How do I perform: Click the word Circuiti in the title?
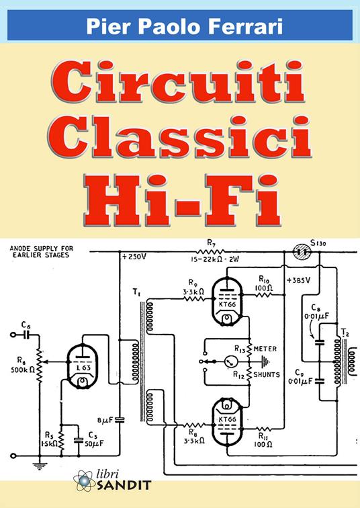coord(180,84)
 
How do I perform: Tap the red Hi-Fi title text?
coord(180,194)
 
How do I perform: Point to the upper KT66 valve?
coord(227,298)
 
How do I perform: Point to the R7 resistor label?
coord(211,243)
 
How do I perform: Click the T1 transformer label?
coord(136,292)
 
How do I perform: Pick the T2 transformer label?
coord(345,333)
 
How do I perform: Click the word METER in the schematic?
coord(266,348)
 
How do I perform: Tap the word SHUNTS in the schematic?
coord(267,376)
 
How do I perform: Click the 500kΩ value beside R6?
coord(19,370)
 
